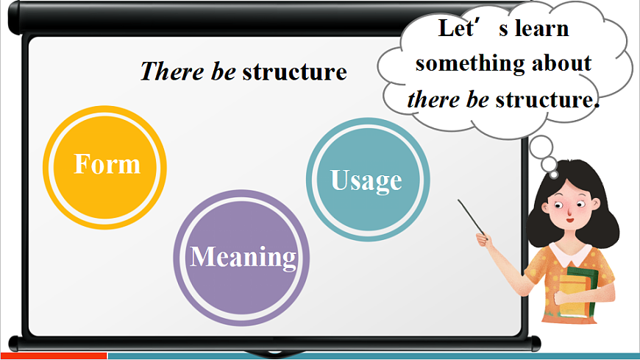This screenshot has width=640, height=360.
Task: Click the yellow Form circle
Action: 105,165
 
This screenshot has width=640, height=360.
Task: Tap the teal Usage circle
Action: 366,180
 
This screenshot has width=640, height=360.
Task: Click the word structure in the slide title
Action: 294,72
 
